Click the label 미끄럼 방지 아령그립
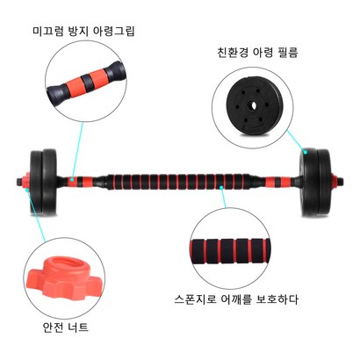click(83, 31)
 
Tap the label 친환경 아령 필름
click(257, 53)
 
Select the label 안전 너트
click(66, 327)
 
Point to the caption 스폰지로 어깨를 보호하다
click(236, 299)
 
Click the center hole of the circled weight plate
click(252, 105)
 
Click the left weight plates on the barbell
click(43, 182)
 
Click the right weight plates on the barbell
click(315, 182)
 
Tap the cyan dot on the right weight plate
click(306, 152)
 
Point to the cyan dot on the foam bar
click(221, 186)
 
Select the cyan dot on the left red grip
click(72, 177)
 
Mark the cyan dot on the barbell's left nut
click(27, 190)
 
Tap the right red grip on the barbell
click(277, 182)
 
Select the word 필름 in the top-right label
click(288, 53)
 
